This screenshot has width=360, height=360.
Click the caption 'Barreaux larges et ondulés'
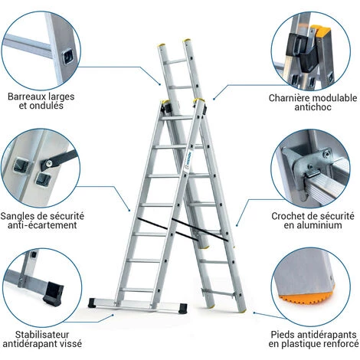45,101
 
